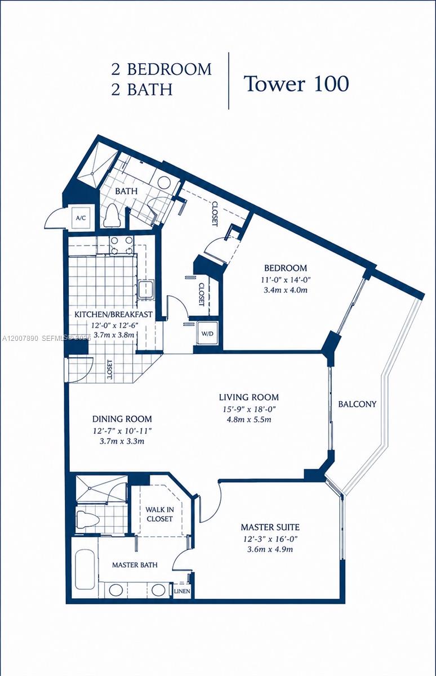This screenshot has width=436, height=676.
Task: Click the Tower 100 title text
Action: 296,83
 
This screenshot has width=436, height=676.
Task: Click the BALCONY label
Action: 357,404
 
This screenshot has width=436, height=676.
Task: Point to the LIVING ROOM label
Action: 248,397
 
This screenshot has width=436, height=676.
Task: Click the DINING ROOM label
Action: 122,419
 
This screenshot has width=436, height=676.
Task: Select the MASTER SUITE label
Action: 270,527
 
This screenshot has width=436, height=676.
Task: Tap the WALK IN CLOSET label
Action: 159,513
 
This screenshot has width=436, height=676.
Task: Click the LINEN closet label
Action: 181,591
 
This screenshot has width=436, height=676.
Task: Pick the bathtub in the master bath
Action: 85,569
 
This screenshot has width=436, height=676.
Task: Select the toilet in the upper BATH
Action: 112,215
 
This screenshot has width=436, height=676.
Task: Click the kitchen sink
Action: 145,290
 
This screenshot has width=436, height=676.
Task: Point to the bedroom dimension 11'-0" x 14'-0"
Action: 287,279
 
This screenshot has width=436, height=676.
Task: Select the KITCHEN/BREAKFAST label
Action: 114,314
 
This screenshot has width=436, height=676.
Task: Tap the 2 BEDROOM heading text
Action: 161,69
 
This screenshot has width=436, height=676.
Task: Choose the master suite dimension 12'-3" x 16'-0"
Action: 270,539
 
